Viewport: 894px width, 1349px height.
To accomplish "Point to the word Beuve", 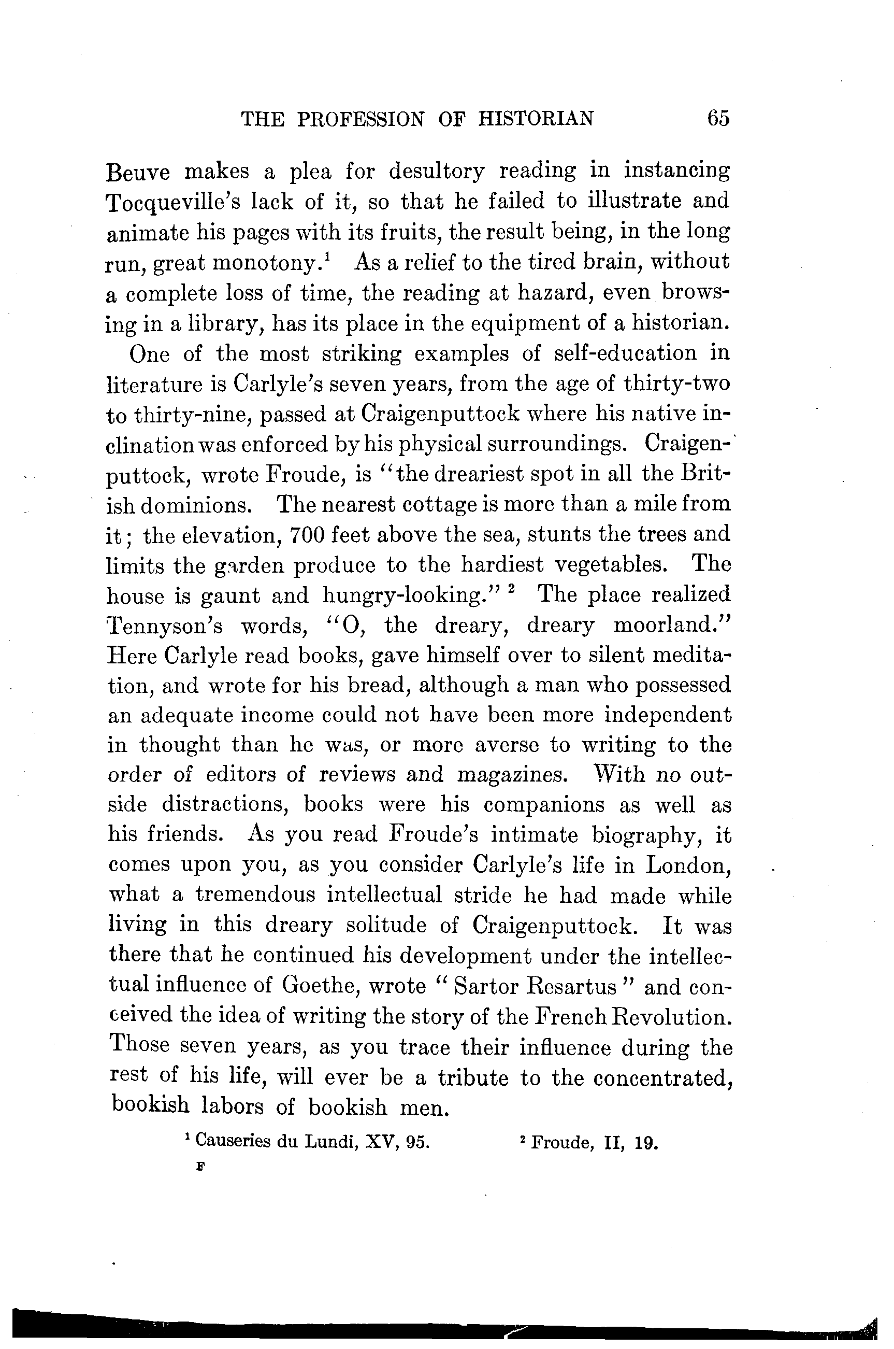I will (138, 172).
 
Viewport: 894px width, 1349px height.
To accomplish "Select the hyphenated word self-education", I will (626, 353).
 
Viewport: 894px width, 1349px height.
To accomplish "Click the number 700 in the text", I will (307, 535).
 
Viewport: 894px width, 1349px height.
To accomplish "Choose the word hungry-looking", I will (409, 596).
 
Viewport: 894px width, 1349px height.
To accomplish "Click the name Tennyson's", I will (165, 626).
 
